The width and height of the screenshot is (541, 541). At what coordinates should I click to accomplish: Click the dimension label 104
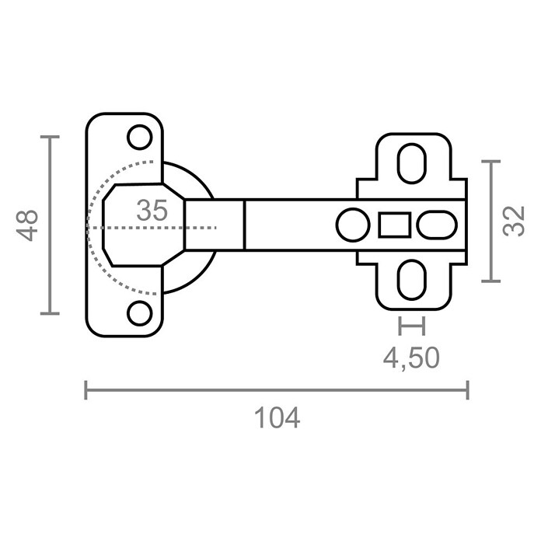277,418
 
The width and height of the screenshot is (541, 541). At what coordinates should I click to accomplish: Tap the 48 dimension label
27,225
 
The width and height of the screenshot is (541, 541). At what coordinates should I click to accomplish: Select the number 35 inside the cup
152,210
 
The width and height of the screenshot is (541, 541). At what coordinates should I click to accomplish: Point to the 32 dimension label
514,221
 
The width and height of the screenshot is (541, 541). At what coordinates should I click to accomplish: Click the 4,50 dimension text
411,358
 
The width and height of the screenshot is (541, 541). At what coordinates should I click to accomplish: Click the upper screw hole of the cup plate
140,137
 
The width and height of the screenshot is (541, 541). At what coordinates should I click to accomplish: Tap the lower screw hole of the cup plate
140,313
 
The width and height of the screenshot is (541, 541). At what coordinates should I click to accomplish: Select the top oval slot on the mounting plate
412,163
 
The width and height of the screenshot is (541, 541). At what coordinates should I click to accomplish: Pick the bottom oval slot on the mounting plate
412,280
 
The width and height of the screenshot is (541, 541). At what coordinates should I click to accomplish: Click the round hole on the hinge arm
353,225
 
